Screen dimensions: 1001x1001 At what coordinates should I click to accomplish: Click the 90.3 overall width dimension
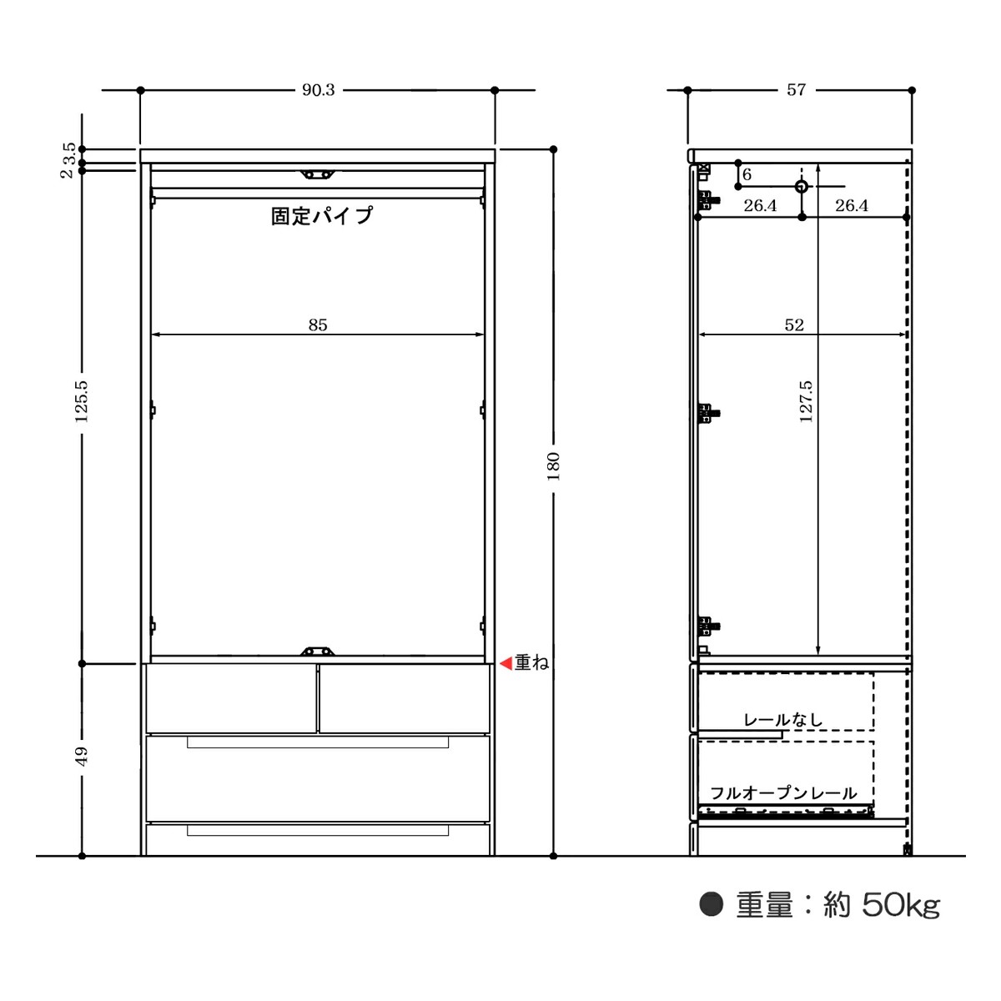tap(318, 90)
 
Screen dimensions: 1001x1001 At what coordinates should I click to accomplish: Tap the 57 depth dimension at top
tap(796, 90)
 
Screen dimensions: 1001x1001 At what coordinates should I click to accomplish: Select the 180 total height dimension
tap(554, 466)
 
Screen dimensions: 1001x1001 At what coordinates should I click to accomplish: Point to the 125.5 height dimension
tap(82, 401)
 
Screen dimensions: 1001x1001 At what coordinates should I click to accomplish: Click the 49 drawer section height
tap(82, 757)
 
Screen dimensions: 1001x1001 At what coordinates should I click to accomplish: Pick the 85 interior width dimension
tap(318, 324)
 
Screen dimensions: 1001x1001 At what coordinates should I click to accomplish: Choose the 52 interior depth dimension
tap(794, 324)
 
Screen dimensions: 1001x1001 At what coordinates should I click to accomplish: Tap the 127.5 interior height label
tap(806, 401)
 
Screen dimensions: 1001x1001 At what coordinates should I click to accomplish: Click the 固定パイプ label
tap(322, 215)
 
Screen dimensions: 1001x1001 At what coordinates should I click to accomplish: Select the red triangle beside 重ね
tap(506, 663)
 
